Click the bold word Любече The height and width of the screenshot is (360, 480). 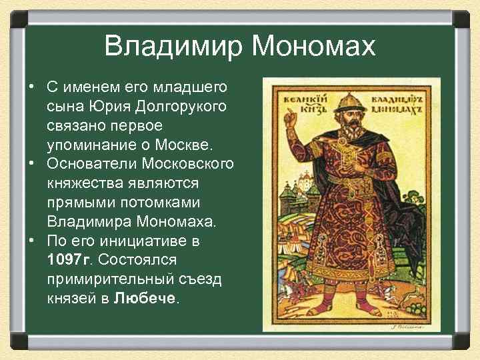144,297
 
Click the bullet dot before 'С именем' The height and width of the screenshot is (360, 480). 32,87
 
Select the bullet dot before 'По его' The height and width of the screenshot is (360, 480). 32,239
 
